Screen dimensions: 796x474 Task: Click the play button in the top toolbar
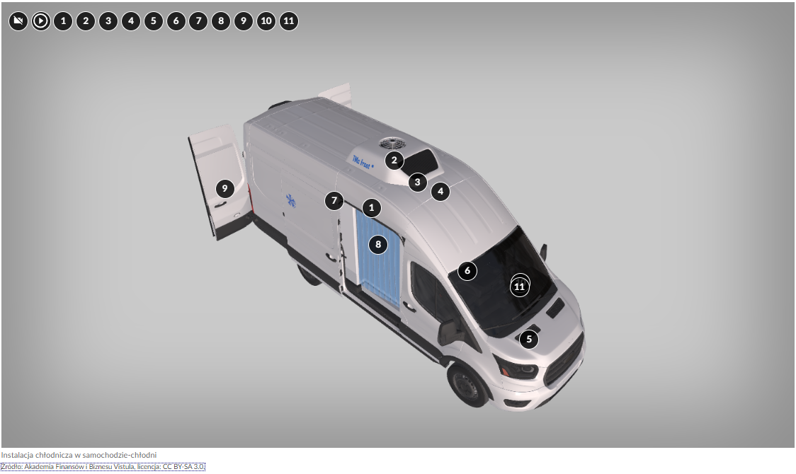(x=40, y=21)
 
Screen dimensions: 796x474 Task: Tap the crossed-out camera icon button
(x=18, y=21)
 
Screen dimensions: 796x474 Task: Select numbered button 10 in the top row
(x=266, y=21)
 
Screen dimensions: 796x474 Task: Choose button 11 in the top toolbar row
(x=289, y=21)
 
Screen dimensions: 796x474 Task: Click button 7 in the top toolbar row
(x=198, y=21)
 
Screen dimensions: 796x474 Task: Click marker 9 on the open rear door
(x=225, y=189)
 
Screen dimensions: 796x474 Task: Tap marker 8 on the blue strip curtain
(x=377, y=244)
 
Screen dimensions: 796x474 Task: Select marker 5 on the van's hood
(x=529, y=339)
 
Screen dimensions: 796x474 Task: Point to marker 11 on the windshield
(x=519, y=287)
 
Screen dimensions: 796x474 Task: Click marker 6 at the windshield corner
(x=467, y=271)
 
